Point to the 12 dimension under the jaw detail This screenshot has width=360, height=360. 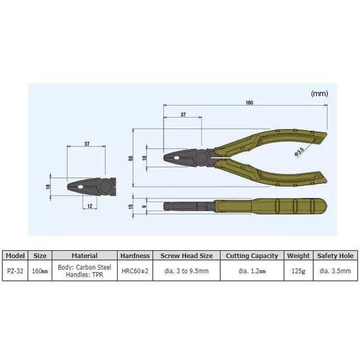point(89,206)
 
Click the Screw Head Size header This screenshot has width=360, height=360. point(185,256)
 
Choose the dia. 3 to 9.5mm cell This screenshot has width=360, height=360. point(185,270)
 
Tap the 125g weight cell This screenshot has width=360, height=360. point(298,270)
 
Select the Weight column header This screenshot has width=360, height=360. point(298,256)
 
